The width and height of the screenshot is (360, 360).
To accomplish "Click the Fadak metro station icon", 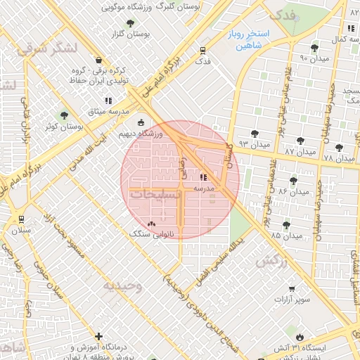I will click(202, 50).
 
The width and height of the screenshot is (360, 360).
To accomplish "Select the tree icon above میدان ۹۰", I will click(314, 47).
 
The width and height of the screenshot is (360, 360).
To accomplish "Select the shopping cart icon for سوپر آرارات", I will click(292, 288).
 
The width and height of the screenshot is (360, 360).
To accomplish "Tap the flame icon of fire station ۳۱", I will click(299, 337).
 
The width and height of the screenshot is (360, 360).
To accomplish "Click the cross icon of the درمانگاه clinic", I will click(99, 337).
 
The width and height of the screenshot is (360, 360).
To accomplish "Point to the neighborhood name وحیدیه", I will click(123, 285).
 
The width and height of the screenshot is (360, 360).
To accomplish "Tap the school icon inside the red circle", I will click(204, 177).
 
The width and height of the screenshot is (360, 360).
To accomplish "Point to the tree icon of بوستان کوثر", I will click(64, 115).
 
